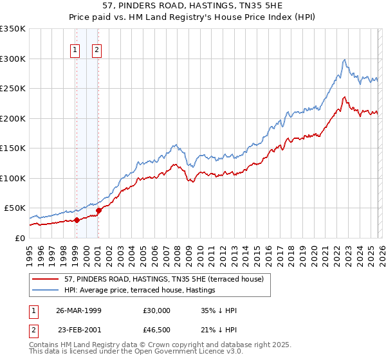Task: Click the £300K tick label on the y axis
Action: (13, 59)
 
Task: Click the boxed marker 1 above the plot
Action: (76, 50)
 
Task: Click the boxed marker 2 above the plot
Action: (97, 50)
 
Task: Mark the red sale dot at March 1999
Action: (77, 220)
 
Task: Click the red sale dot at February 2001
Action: (98, 210)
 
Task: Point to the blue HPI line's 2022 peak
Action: (345, 60)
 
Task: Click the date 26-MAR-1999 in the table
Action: (80, 310)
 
